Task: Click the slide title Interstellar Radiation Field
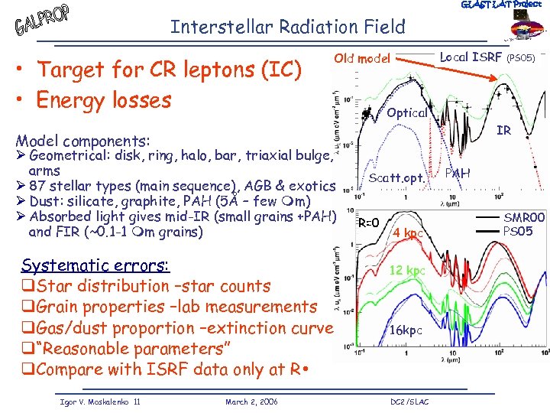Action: tap(287, 28)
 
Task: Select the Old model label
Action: tap(362, 59)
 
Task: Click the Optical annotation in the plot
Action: tap(406, 112)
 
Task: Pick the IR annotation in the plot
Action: tap(504, 131)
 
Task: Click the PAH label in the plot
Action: tap(458, 174)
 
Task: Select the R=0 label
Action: tap(369, 222)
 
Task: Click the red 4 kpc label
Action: tap(408, 233)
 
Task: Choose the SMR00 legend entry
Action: tap(523, 218)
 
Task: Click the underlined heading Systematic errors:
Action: tap(95, 265)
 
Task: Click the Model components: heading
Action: tap(83, 141)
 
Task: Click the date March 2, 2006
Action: tap(252, 402)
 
